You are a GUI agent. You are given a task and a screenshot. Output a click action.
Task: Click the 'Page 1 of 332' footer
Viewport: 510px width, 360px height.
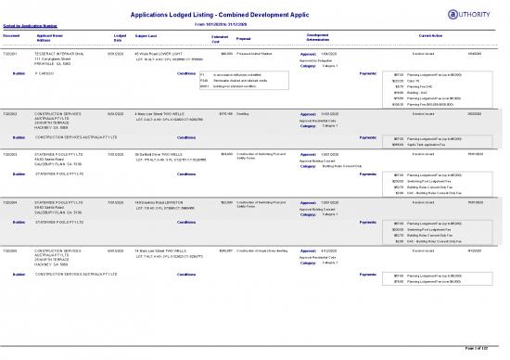point(482,346)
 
